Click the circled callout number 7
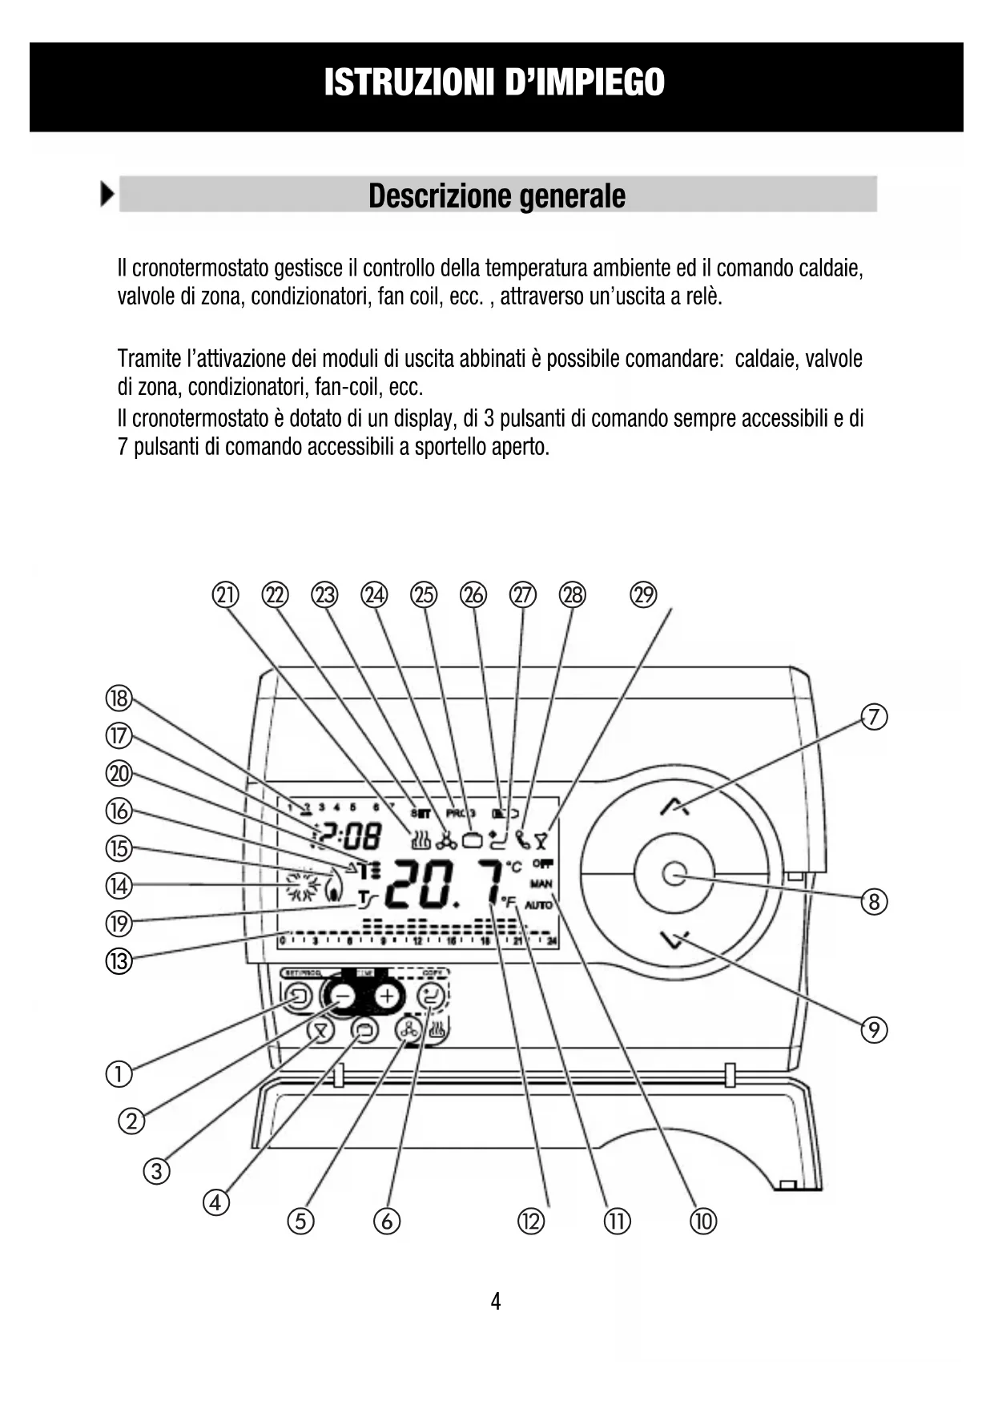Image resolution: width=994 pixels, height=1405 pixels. point(874,717)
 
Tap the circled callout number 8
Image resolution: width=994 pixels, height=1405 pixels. point(874,903)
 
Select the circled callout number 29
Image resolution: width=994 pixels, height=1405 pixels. point(643,595)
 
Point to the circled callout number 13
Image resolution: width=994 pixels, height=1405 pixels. point(119,960)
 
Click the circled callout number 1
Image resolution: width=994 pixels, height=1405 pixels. point(119,1073)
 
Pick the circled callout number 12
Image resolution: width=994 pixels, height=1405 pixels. point(530,1221)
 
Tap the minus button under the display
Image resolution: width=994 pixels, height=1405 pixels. point(343,996)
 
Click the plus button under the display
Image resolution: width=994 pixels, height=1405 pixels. point(388,996)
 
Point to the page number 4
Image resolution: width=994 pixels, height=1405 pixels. point(496,1301)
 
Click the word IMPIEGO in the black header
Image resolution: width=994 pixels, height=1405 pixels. point(585,83)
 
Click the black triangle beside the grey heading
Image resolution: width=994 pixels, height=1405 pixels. point(107,195)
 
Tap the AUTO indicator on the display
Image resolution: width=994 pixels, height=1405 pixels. point(539,905)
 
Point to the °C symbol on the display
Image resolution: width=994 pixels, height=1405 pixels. point(513,867)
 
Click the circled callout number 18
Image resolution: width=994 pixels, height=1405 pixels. point(119,698)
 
